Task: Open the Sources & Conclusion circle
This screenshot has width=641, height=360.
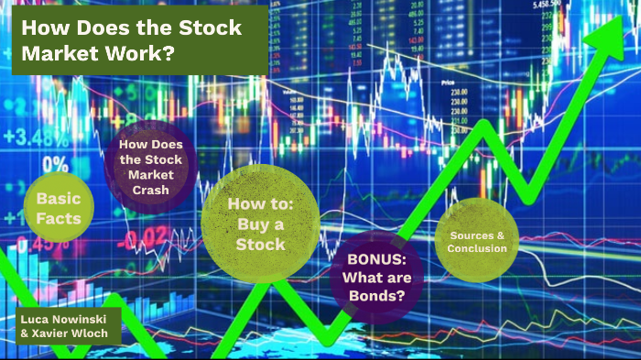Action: point(476,241)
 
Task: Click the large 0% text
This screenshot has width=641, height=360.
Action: point(54,165)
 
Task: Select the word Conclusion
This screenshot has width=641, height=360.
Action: point(476,247)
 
